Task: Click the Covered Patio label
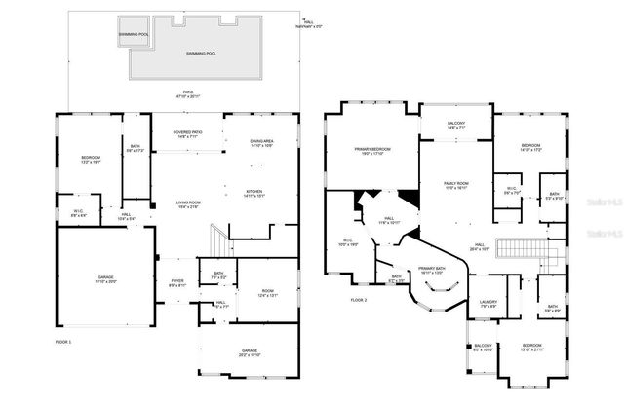point(187,134)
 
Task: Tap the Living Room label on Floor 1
point(187,204)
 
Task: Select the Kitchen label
point(254,193)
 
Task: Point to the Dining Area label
point(260,143)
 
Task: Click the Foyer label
point(177,283)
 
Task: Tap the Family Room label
point(457,185)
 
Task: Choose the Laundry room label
point(487,304)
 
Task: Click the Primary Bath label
point(431,270)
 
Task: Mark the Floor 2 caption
point(359,300)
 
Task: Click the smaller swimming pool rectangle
point(134,34)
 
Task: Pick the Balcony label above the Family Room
point(456,125)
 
